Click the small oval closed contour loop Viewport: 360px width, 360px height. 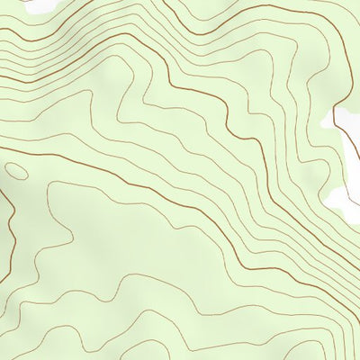coord(16,169)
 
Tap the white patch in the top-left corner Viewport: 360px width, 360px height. coord(36,5)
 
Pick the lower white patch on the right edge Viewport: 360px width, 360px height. coord(346,200)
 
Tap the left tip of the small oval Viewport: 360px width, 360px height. coord(5,167)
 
